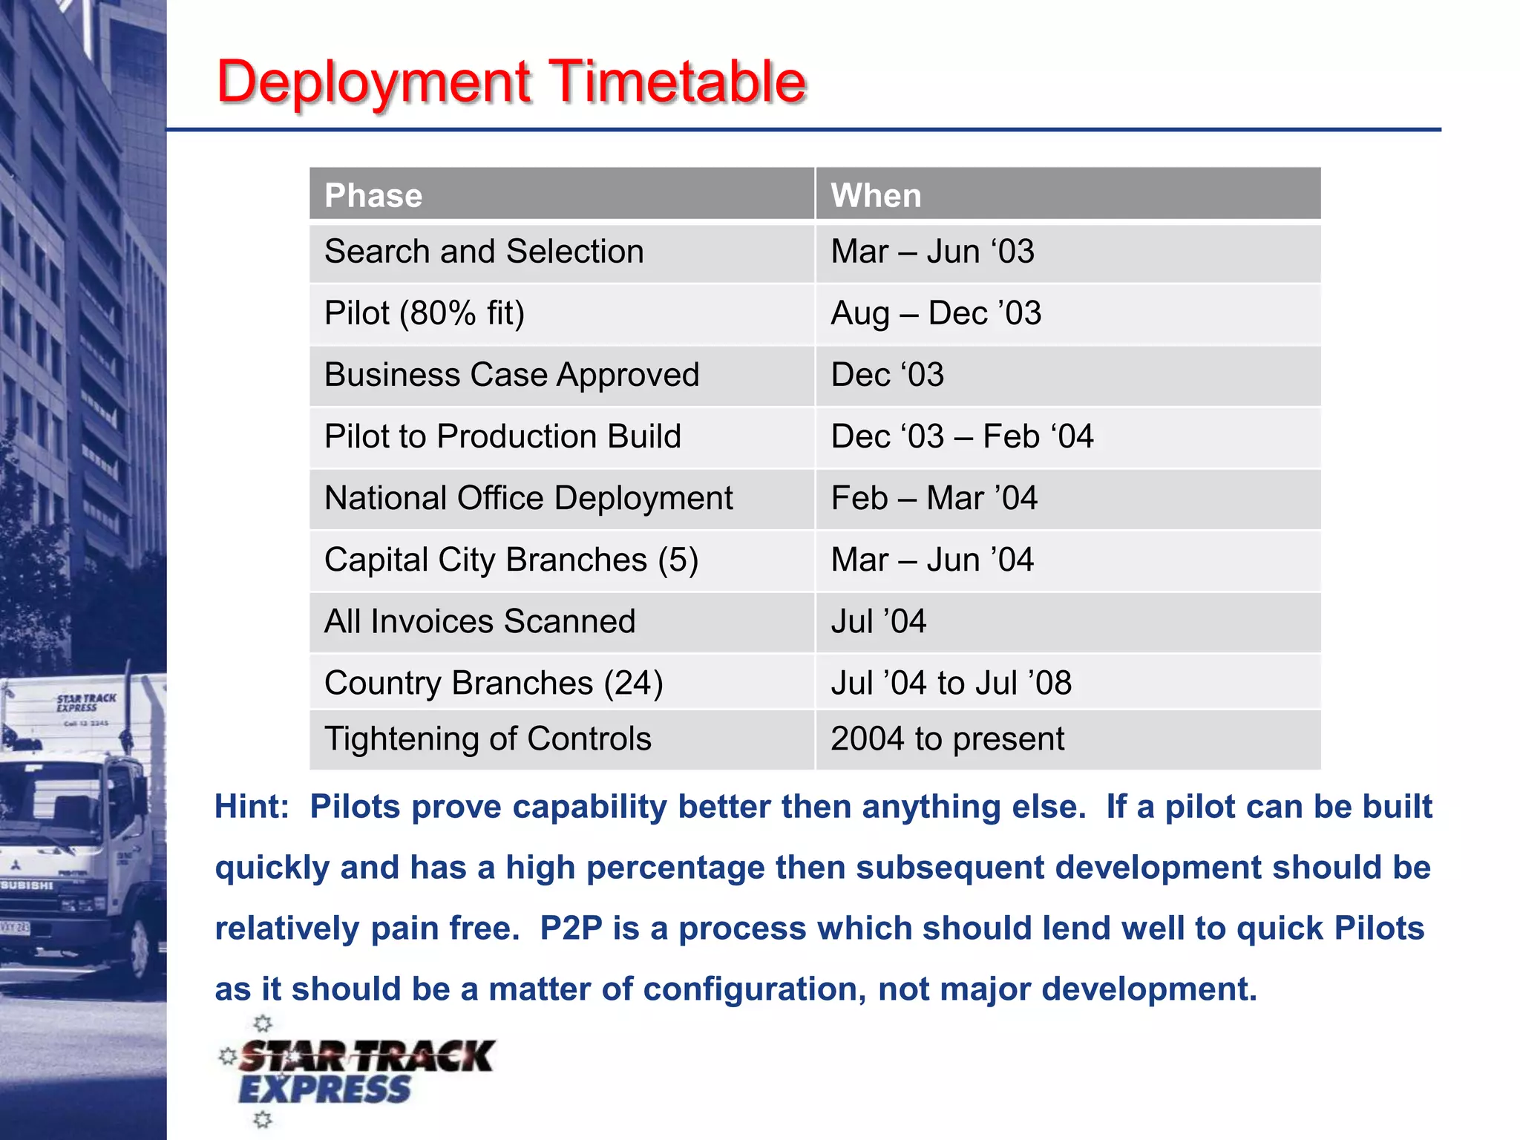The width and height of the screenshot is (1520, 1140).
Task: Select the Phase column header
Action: point(373,196)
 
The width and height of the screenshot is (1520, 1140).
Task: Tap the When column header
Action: point(876,196)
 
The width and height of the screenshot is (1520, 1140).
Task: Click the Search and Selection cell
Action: point(484,252)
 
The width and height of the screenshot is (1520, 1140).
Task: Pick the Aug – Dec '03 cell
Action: point(936,313)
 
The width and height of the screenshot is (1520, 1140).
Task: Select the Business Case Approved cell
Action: point(511,375)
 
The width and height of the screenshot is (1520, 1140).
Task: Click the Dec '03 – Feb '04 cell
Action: point(962,436)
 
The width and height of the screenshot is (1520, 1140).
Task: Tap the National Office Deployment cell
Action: point(528,498)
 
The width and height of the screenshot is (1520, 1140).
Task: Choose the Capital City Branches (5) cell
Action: point(511,560)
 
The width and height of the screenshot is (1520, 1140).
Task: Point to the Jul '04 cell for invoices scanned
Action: point(879,621)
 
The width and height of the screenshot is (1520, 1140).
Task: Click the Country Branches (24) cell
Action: point(494,683)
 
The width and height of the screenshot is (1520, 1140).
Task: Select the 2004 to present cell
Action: point(947,739)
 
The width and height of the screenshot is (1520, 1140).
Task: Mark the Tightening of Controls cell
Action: point(488,739)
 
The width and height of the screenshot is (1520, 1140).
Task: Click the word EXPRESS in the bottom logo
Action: point(324,1090)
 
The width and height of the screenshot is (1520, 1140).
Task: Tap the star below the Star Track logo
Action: point(263,1120)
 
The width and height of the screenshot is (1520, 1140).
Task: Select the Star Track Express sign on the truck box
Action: point(86,703)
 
